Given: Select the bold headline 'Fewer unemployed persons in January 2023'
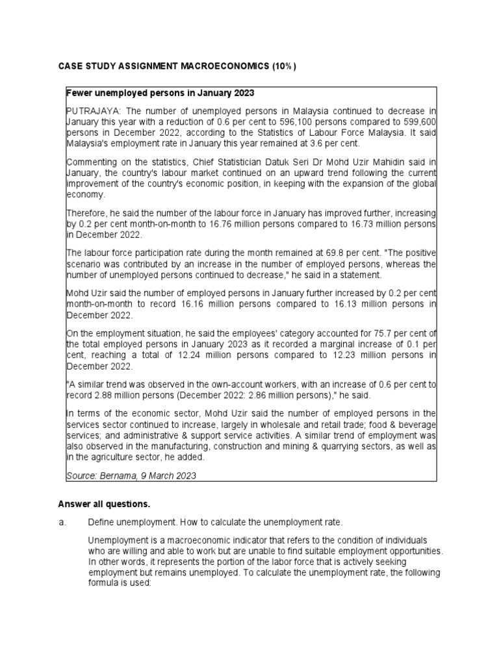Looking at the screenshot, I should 160,92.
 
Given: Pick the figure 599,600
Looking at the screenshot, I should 418,122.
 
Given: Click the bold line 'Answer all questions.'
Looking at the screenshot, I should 104,504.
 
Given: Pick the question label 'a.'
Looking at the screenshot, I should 62,523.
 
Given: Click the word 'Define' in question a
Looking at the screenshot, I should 101,523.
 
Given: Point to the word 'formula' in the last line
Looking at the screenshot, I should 103,583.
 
